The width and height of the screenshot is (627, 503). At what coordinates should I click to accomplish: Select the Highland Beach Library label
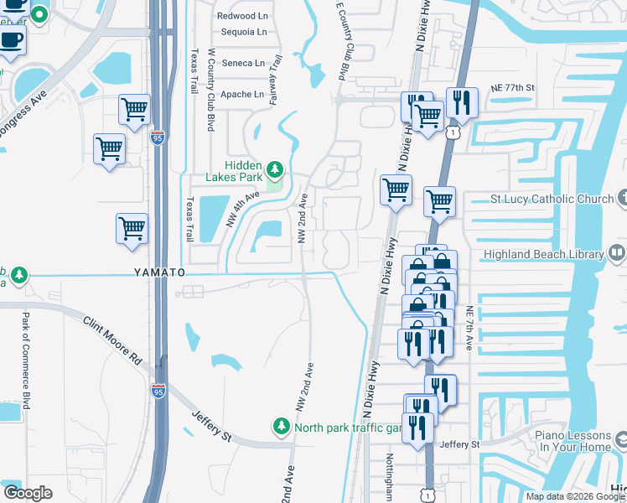coord(543,254)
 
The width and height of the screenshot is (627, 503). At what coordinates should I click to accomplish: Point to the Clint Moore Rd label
coord(112,340)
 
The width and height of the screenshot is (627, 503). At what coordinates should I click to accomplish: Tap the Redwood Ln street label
coord(241,16)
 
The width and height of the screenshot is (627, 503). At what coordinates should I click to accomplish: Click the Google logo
coord(28,492)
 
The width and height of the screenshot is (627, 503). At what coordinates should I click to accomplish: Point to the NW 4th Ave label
coord(242,208)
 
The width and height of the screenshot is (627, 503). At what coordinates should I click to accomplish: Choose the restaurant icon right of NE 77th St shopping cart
coord(461,103)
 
